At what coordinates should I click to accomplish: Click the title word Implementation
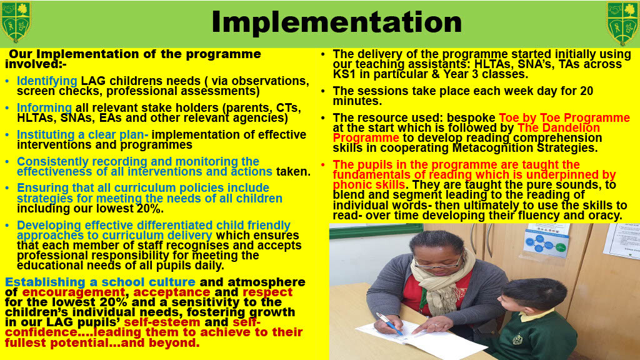pyautogui.click(x=336, y=22)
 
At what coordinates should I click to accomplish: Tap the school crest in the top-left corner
pyautogui.click(x=16, y=22)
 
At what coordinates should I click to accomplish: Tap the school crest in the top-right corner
pyautogui.click(x=622, y=23)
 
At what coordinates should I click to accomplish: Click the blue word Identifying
pyautogui.click(x=47, y=81)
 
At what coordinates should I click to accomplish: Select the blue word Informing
pyautogui.click(x=44, y=107)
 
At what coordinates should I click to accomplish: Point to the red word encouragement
pyautogui.click(x=74, y=292)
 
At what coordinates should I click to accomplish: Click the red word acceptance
pyautogui.click(x=171, y=292)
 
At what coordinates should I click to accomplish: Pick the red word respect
pyautogui.click(x=267, y=292)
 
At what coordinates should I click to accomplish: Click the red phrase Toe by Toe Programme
pyautogui.click(x=564, y=118)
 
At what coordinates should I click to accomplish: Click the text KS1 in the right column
pyautogui.click(x=344, y=74)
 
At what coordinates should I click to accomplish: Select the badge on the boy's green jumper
pyautogui.click(x=517, y=339)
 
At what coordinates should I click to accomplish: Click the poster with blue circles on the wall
pyautogui.click(x=546, y=241)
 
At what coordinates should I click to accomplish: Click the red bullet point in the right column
pyautogui.click(x=323, y=165)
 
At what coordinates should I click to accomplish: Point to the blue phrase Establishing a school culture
pyautogui.click(x=100, y=282)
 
